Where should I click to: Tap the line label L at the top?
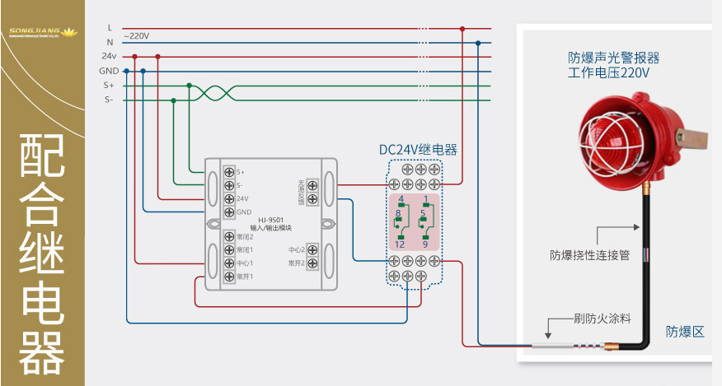coord(110,28)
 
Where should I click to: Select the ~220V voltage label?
coord(136,36)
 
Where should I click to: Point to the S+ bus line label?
coord(109,85)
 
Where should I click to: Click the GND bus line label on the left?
coord(109,71)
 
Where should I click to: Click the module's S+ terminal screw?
coord(228,171)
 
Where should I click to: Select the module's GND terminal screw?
coord(228,212)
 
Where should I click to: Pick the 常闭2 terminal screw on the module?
coord(228,236)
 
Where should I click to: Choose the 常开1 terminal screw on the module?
coord(228,277)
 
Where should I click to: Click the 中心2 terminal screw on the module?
coord(312,249)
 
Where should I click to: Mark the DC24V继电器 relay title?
coord(417,151)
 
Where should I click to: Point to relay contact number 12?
coord(400,244)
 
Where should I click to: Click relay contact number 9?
coord(425,244)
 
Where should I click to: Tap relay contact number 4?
coord(401,200)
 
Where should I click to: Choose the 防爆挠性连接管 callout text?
coord(589,255)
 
